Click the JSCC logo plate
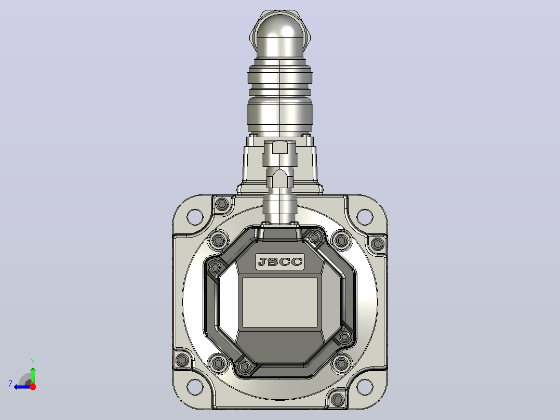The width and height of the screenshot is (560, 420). pyautogui.click(x=280, y=261)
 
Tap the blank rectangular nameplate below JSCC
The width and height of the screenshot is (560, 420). pyautogui.click(x=280, y=302)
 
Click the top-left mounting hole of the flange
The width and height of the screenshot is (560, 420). pyautogui.click(x=195, y=217)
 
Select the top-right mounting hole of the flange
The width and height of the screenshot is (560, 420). pyautogui.click(x=365, y=217)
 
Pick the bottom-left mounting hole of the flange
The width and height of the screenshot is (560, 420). pyautogui.click(x=195, y=387)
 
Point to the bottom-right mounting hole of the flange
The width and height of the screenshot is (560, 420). pyautogui.click(x=365, y=387)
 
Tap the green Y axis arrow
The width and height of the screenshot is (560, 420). pyautogui.click(x=33, y=374)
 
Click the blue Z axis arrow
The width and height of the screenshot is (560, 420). pyautogui.click(x=22, y=387)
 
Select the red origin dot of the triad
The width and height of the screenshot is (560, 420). pyautogui.click(x=33, y=387)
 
